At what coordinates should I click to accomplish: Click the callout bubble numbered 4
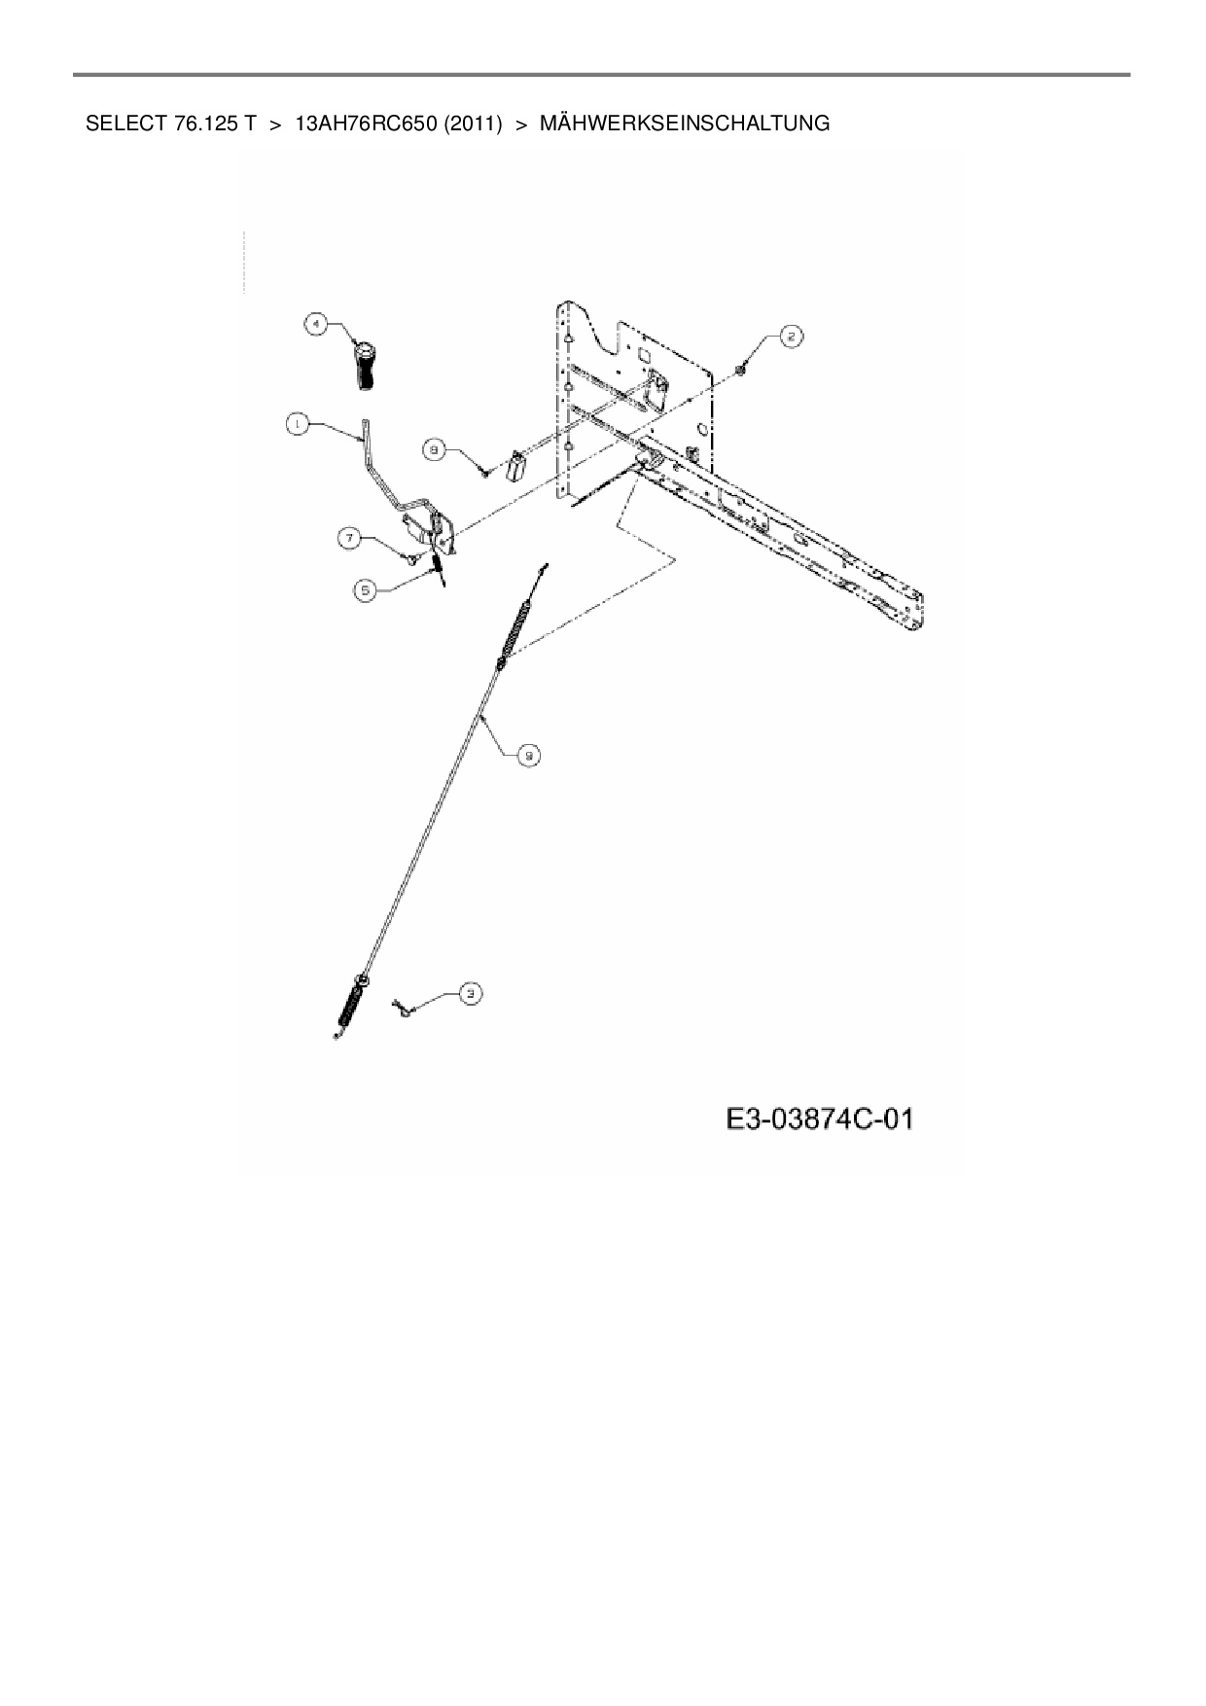[x=315, y=325]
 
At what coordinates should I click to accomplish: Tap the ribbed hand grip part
[x=365, y=367]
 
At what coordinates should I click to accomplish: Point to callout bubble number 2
[x=792, y=337]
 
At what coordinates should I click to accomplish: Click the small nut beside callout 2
[x=742, y=369]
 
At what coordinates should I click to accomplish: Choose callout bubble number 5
[x=365, y=588]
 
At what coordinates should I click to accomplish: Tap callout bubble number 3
[x=471, y=993]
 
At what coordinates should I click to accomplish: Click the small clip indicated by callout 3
[x=402, y=1011]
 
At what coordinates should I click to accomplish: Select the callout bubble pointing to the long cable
[x=528, y=754]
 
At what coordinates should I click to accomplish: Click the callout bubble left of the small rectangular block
[x=435, y=448]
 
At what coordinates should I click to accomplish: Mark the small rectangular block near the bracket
[x=514, y=466]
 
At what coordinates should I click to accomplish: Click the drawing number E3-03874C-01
[x=819, y=1120]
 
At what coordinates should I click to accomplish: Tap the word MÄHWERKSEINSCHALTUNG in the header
[x=684, y=124]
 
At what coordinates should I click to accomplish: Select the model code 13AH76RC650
[x=365, y=124]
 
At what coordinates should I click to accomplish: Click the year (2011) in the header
[x=472, y=124]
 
